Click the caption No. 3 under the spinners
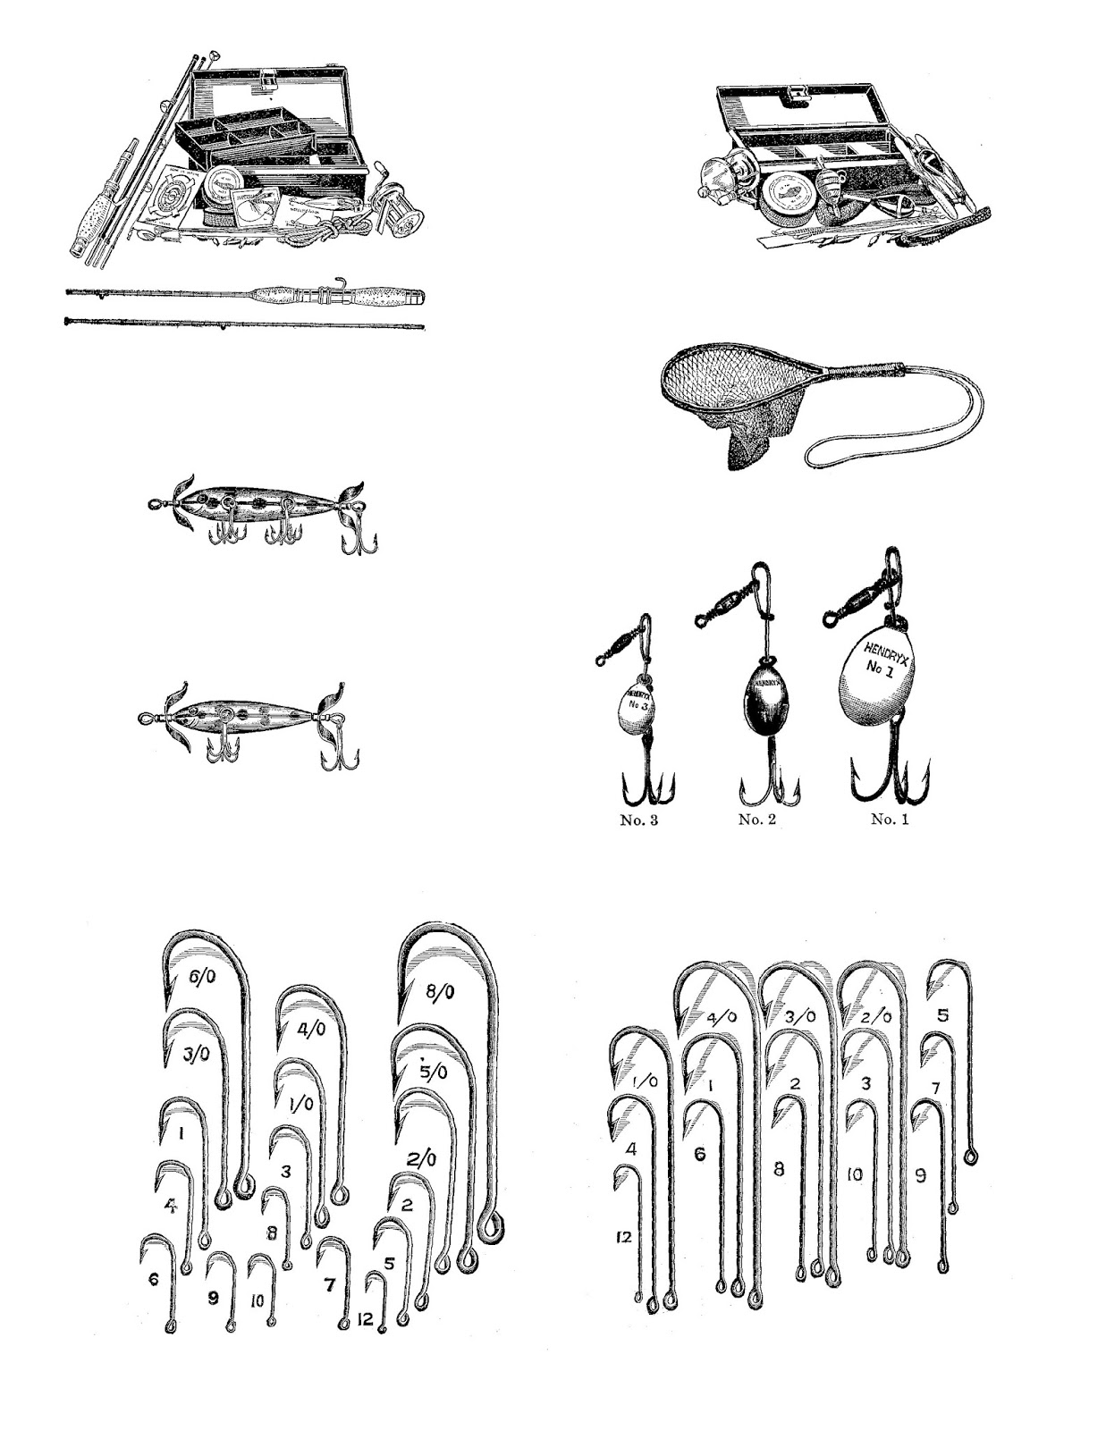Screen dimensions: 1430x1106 coord(638,820)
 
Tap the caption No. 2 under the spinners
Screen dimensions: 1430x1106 coord(756,820)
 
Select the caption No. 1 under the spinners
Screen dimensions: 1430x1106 coord(890,820)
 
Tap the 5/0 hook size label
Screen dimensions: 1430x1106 coord(434,1071)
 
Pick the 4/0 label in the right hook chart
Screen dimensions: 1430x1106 coord(722,1017)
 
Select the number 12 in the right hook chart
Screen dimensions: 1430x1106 coord(623,1237)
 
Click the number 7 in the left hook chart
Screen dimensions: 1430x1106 coord(329,1285)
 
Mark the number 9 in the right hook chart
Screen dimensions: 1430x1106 coord(921,1176)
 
